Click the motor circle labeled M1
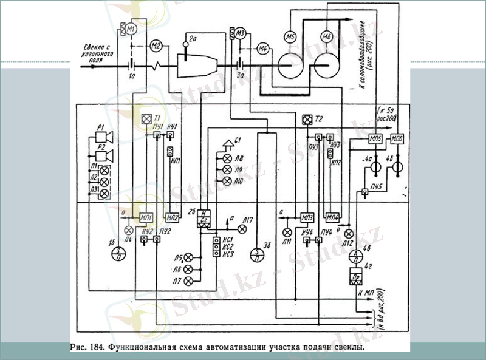pyautogui.click(x=132, y=28)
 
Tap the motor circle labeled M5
pyautogui.click(x=290, y=38)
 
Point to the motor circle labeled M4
pyautogui.click(x=262, y=48)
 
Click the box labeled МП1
pyautogui.click(x=146, y=217)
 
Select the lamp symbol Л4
pyautogui.click(x=129, y=230)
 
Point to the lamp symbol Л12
pyautogui.click(x=349, y=233)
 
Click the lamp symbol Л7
pyautogui.click(x=188, y=279)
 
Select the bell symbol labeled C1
pyautogui.click(x=229, y=144)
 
